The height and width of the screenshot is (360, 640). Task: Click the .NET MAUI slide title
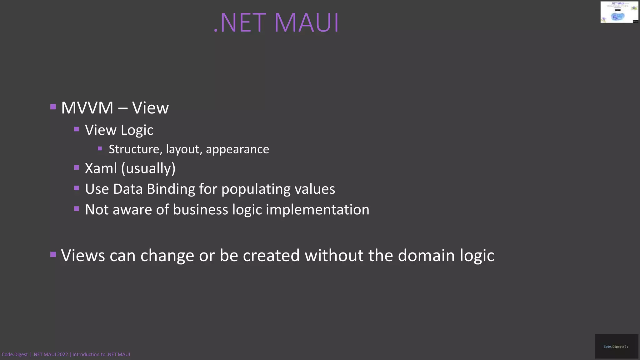point(276,23)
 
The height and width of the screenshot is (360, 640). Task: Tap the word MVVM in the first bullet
point(87,108)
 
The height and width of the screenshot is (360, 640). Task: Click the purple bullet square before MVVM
point(53,107)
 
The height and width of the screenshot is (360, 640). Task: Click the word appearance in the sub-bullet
point(237,150)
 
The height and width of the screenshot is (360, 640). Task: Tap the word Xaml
point(101,168)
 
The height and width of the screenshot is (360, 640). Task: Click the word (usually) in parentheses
point(148,169)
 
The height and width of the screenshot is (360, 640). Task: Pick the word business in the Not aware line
point(200,210)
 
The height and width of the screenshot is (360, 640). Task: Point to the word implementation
point(317,210)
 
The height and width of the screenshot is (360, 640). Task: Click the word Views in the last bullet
point(83,255)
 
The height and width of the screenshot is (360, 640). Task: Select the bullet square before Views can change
point(53,254)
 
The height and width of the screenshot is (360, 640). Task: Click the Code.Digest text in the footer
point(15,354)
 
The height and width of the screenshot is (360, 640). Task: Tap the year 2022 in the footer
point(62,354)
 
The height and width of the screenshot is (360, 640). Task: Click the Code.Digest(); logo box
point(616,346)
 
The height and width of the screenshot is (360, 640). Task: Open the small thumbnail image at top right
point(619,12)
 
